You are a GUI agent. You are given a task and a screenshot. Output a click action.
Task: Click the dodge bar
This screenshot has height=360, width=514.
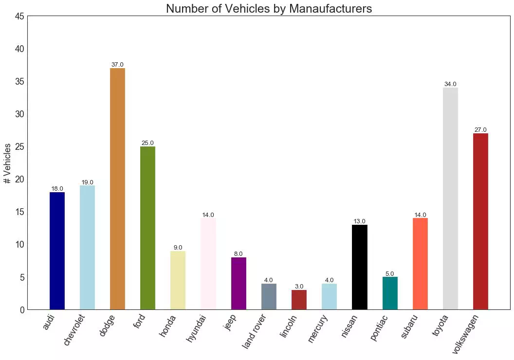point(117,189)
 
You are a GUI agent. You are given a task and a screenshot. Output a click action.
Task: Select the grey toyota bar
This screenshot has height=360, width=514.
point(450,198)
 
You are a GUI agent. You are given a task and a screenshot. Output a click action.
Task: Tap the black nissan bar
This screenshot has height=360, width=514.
point(359,267)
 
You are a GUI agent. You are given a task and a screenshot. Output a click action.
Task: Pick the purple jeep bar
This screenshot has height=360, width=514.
point(239,284)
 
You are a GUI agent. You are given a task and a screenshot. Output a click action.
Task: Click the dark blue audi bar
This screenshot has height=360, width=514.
point(57,251)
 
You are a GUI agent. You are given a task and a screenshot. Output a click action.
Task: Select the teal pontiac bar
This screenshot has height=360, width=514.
point(390,293)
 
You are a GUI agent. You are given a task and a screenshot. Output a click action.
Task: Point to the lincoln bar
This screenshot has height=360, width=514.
point(299,300)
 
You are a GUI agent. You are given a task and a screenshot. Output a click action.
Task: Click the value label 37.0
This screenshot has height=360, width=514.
point(117,65)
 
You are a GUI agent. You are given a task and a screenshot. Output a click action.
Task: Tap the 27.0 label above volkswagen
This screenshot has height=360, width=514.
point(480,130)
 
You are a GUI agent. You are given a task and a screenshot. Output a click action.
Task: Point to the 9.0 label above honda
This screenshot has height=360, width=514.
point(178,248)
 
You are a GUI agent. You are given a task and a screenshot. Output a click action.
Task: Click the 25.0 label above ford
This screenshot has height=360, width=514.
point(147,143)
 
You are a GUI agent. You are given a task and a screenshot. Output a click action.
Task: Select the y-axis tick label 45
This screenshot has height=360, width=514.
point(19,17)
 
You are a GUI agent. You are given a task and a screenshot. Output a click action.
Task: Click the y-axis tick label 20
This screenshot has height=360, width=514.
point(19,180)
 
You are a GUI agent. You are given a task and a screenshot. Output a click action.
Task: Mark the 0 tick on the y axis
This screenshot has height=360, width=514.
point(22,310)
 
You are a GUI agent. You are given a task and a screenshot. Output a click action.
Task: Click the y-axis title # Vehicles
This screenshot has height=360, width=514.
point(7,163)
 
